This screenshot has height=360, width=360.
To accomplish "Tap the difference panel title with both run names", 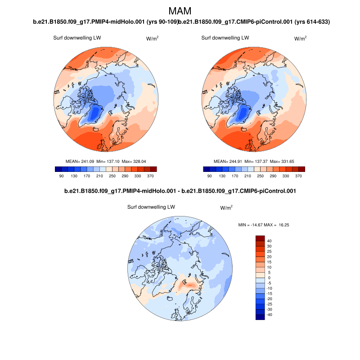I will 180,191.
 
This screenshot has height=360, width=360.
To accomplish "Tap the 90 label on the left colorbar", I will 61,176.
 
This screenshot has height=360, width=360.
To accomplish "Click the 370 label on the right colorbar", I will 299,176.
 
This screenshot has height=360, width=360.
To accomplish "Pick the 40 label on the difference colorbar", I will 269,241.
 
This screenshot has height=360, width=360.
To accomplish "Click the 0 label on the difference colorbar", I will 269,278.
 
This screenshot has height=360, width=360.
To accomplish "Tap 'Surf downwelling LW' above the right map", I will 225,38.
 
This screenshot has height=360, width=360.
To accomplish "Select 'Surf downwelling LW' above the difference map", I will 151,207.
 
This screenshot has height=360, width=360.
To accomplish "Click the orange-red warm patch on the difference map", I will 189,284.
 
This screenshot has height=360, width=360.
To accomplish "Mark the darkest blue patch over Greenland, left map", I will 94,112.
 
